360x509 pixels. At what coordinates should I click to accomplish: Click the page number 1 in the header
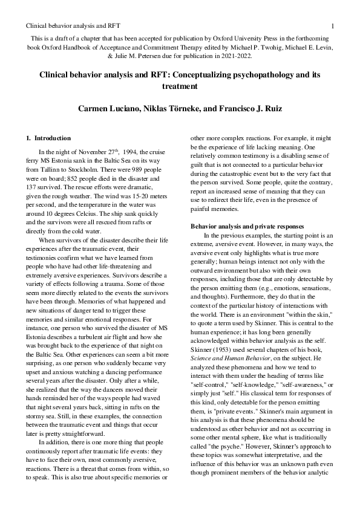pyautogui.click(x=333, y=26)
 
